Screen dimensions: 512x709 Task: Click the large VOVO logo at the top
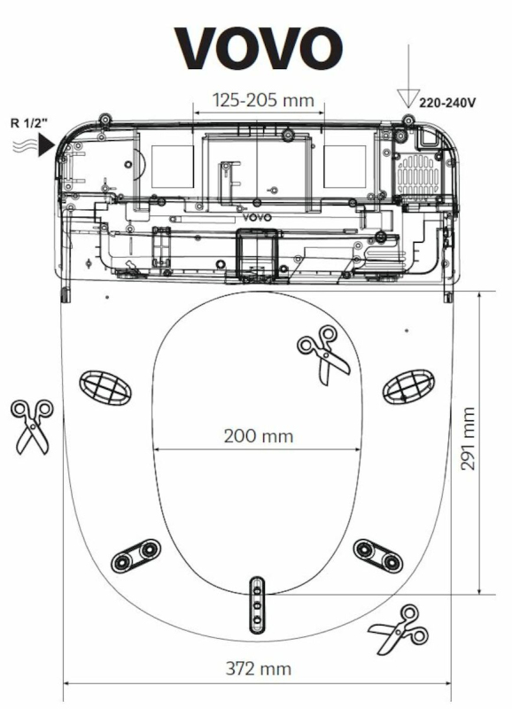258,49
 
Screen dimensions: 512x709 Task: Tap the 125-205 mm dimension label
263,100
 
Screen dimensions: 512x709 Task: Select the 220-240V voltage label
447,103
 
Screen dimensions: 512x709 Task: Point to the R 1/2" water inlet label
29,123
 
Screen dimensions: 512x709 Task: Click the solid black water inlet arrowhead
46,145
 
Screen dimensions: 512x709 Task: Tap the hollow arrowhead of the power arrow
408,98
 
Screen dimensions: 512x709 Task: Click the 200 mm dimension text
259,436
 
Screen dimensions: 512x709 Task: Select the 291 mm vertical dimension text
469,439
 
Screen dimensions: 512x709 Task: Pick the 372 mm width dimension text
258,669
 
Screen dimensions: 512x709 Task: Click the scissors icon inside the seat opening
323,355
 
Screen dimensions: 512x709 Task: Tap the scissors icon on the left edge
32,426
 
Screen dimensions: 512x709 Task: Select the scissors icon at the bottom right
399,629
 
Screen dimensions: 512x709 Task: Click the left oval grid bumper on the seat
105,388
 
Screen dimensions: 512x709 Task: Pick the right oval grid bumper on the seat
408,386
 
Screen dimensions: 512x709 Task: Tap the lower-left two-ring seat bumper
136,557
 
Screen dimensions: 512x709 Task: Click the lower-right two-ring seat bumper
377,556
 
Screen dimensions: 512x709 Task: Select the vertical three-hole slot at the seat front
257,604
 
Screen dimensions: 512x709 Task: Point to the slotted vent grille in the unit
417,175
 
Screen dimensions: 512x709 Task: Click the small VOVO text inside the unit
257,217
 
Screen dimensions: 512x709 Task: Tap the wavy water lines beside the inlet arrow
25,146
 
